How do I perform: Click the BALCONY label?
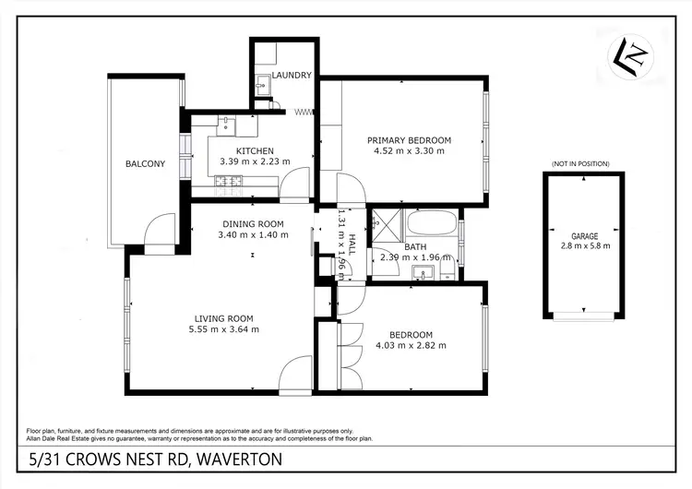click(145, 164)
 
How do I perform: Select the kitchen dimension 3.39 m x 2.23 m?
click(255, 161)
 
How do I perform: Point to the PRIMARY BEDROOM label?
click(409, 139)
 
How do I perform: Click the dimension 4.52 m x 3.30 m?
click(409, 150)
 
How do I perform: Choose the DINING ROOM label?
click(252, 223)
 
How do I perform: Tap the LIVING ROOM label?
click(223, 317)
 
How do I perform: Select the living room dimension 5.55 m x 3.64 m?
click(223, 328)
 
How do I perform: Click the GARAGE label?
click(583, 234)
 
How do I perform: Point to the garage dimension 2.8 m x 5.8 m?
click(583, 245)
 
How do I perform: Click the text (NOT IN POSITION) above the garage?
click(581, 163)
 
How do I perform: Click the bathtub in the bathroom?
click(431, 223)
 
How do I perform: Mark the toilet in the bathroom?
click(447, 268)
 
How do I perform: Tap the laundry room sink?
click(261, 88)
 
